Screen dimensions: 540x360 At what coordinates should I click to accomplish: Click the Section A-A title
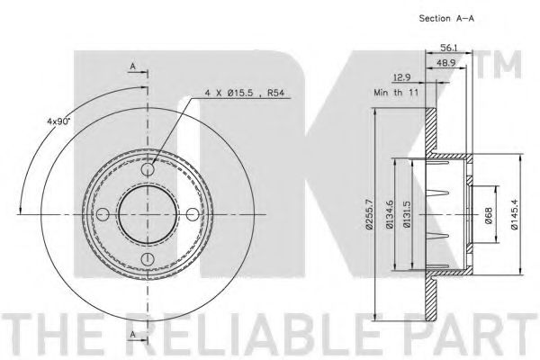(446, 19)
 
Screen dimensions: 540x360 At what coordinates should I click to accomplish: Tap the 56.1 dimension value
(448, 48)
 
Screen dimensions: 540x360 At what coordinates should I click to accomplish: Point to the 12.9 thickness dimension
(401, 78)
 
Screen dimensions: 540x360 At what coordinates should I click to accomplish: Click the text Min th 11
(396, 93)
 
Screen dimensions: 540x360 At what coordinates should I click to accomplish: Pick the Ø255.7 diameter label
(369, 214)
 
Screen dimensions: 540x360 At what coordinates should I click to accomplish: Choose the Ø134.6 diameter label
(390, 214)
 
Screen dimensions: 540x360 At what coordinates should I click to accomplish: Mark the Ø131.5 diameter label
(407, 214)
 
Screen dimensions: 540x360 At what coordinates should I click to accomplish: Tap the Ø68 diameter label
(489, 214)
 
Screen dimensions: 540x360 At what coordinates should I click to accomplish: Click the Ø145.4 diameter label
(515, 214)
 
